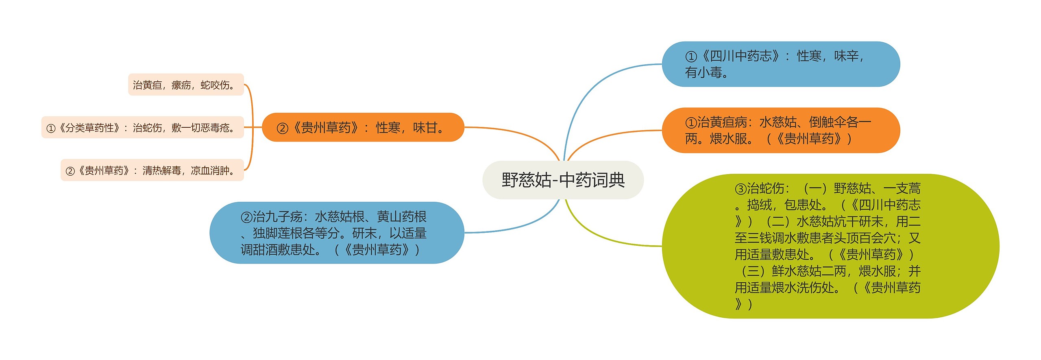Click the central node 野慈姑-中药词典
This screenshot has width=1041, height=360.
[563, 180]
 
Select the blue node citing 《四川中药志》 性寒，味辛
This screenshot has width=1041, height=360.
[781, 64]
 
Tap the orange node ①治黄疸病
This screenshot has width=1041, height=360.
[781, 130]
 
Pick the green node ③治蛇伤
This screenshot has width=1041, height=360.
[830, 246]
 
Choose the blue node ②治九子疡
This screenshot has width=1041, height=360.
[337, 233]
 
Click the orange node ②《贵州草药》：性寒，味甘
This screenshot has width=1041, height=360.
[363, 127]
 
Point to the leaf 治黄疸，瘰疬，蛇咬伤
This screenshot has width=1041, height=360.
[186, 85]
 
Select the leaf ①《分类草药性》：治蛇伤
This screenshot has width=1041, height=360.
[142, 127]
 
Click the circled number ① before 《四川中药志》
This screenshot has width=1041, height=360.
[691, 56]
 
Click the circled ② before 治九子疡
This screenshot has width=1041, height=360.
[246, 217]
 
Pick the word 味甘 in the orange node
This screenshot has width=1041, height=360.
[425, 128]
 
